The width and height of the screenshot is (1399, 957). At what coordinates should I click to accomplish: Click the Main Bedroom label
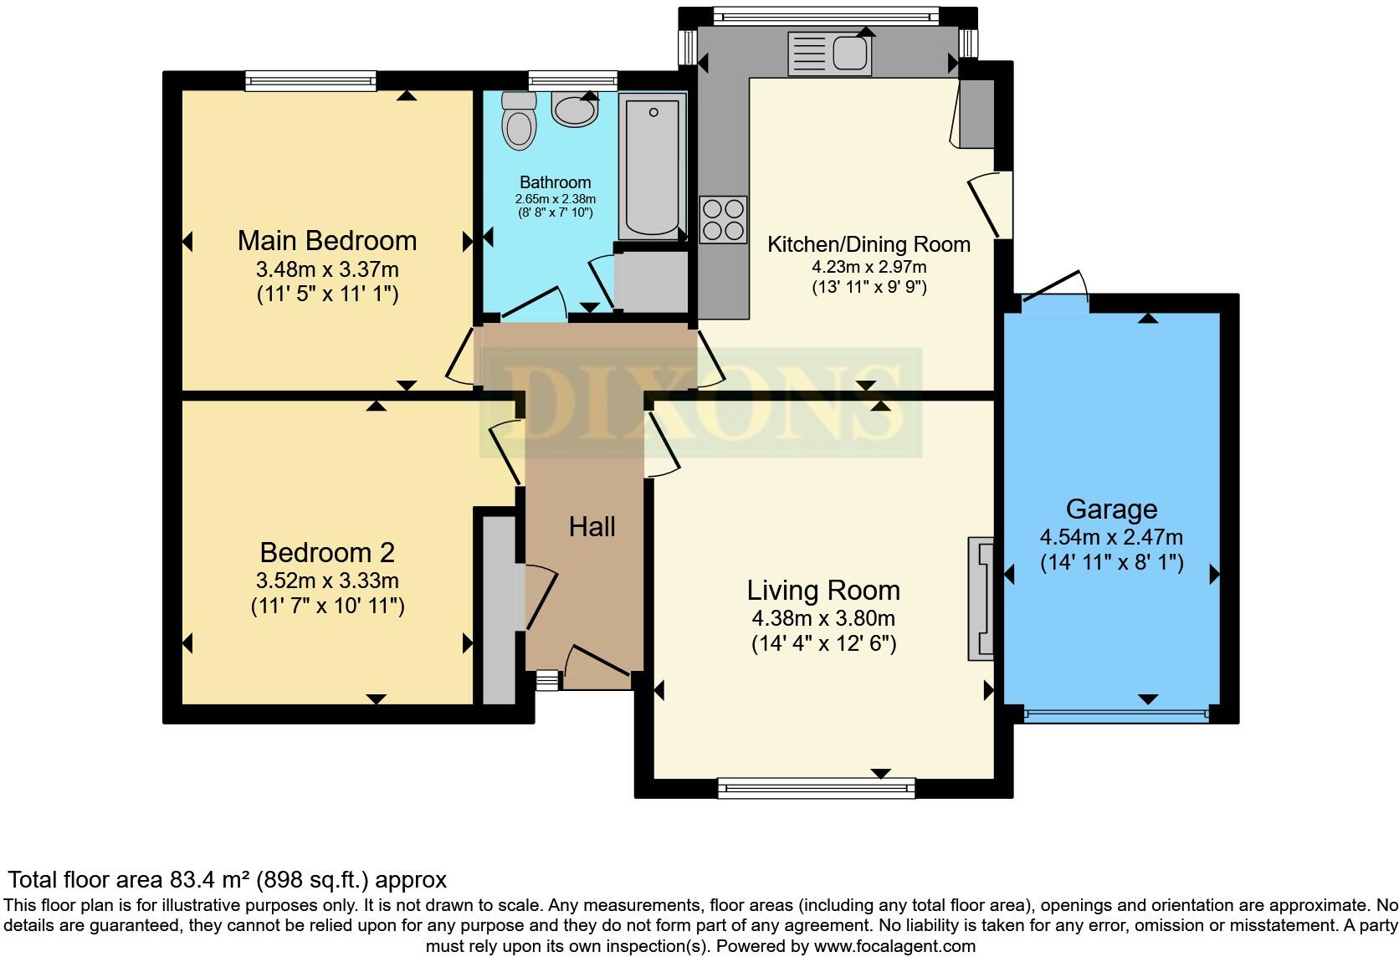[x=327, y=241]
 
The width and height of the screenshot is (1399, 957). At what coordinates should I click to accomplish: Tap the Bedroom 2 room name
[x=327, y=552]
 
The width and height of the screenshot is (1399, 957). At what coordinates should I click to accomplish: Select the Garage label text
[x=1112, y=510]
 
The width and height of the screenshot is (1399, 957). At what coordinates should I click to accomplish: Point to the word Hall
[x=592, y=527]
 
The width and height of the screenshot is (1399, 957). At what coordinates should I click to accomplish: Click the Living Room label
[x=824, y=591]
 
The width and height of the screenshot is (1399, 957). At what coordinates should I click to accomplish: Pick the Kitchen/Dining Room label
[x=869, y=244]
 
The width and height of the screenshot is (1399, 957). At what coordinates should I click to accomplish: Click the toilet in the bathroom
[x=519, y=121]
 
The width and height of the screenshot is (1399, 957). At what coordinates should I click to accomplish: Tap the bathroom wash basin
[x=575, y=110]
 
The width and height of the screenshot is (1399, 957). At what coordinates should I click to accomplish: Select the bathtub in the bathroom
[x=652, y=166]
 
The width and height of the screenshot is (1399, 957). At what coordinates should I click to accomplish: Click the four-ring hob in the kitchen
[x=723, y=220]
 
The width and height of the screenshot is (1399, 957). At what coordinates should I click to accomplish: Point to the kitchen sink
[x=830, y=54]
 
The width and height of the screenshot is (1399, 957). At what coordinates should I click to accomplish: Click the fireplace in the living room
[x=981, y=599]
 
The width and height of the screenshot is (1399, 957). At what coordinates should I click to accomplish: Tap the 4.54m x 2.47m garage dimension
[x=1112, y=537]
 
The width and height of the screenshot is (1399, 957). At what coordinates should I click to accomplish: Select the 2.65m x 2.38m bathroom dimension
[x=556, y=199]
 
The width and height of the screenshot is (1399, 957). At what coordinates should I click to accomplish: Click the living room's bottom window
[x=817, y=788]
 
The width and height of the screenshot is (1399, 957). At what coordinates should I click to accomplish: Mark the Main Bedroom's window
[x=310, y=81]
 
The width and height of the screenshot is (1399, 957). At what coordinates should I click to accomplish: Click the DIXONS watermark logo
[x=700, y=402]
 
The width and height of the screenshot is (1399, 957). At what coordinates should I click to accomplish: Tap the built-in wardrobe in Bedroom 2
[x=499, y=610]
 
